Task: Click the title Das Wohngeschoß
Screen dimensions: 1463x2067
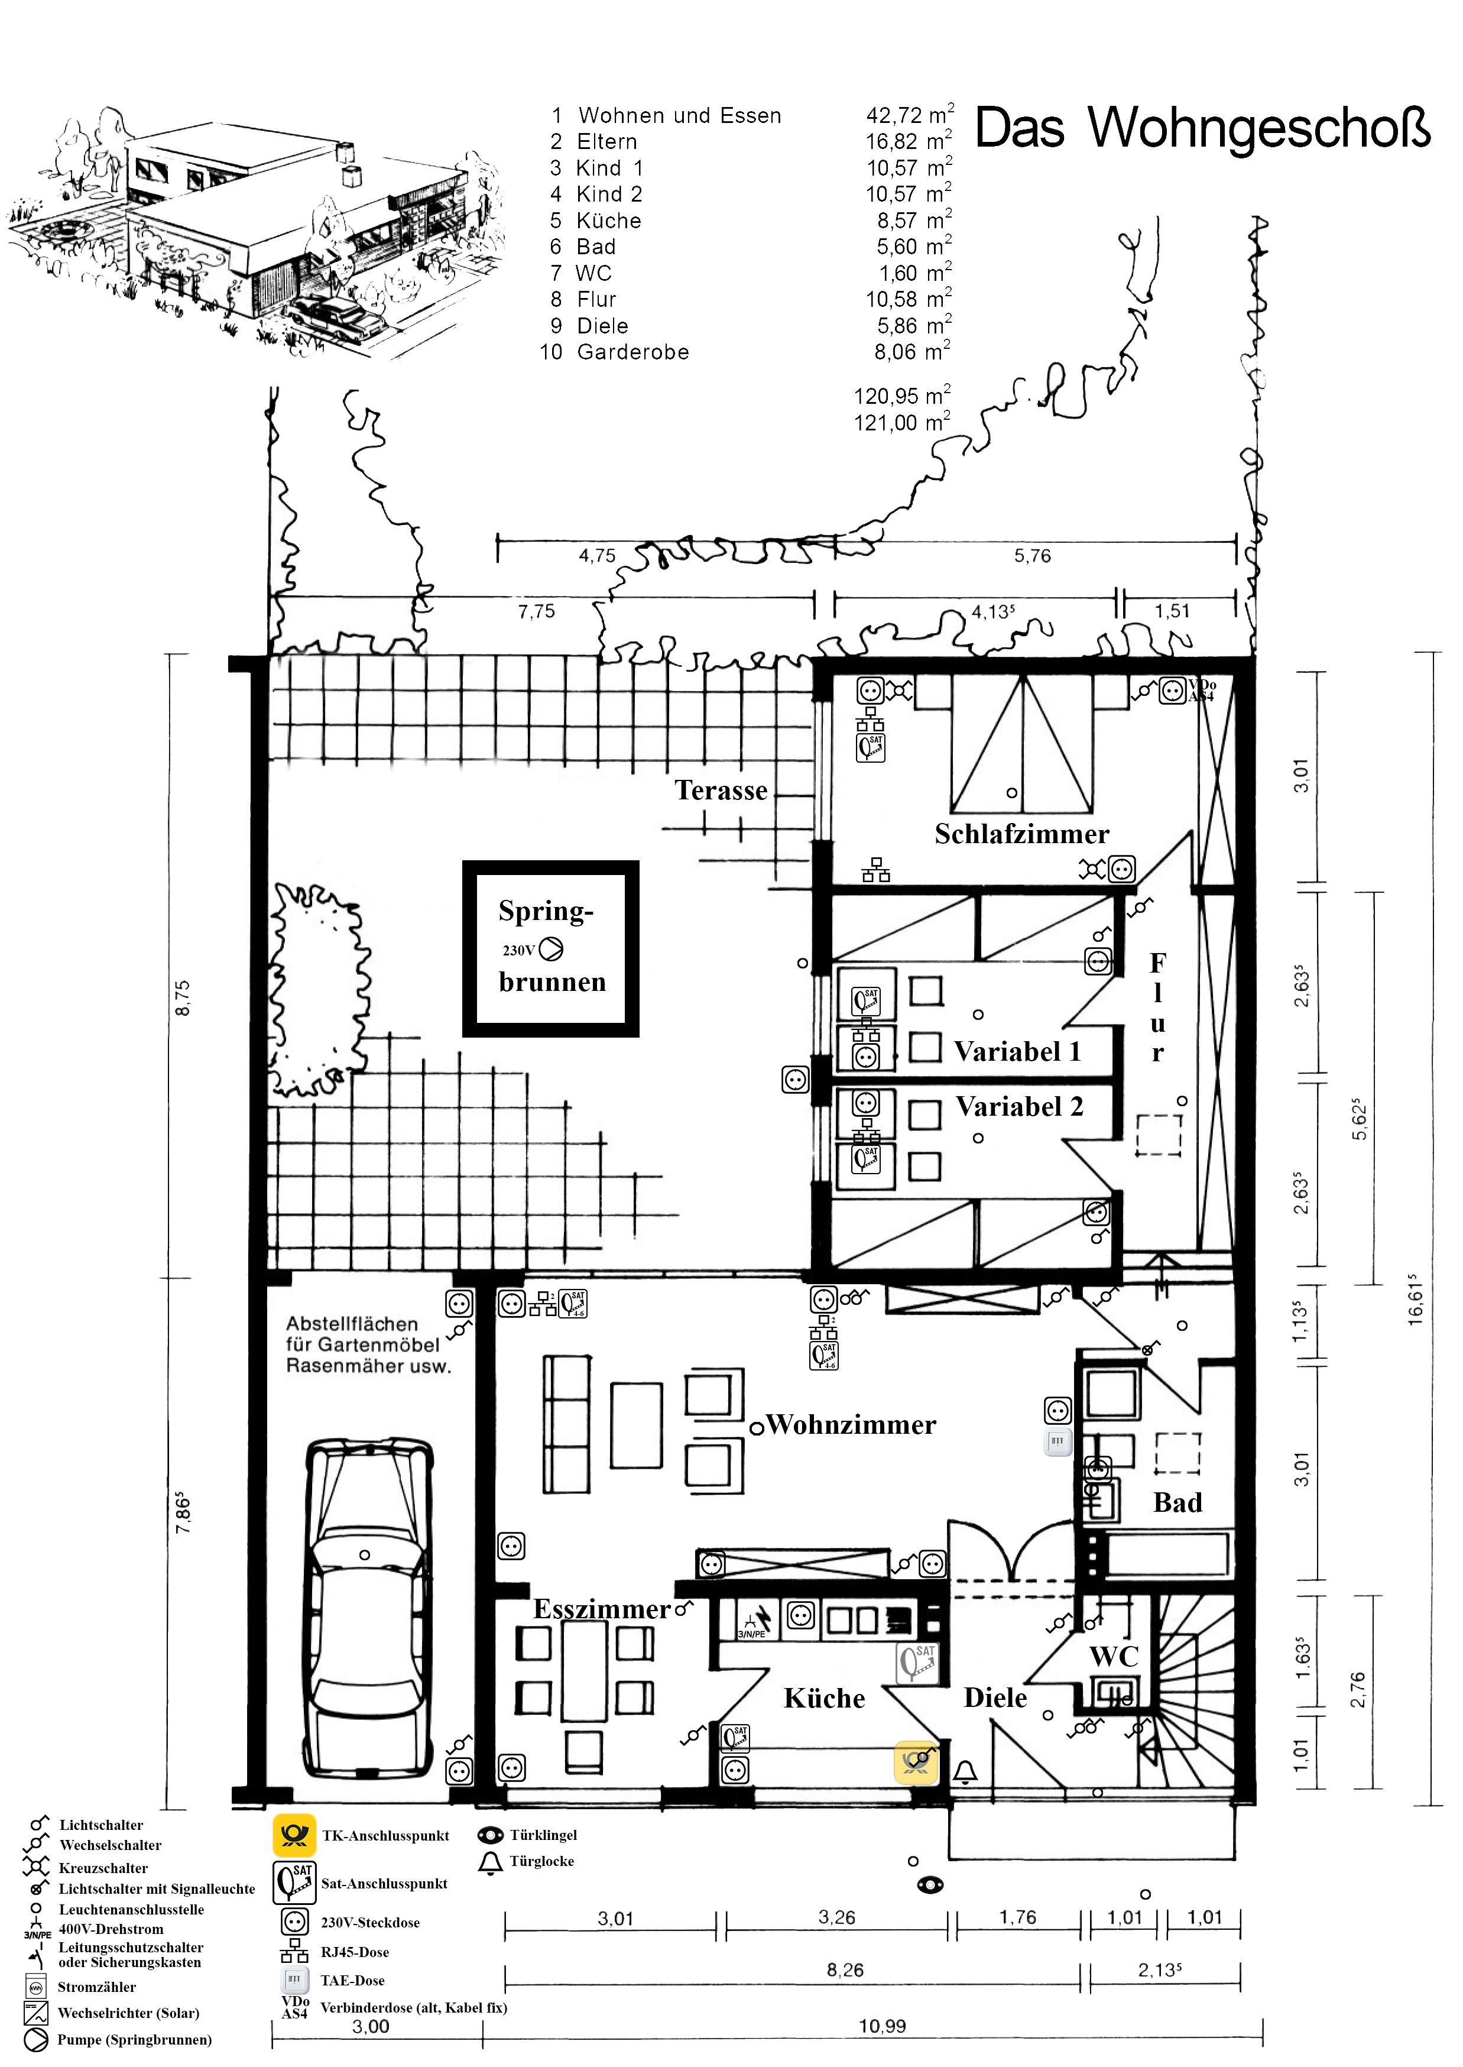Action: [1203, 128]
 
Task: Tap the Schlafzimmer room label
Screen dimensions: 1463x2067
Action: [1021, 834]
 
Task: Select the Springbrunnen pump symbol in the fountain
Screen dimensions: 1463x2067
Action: [550, 949]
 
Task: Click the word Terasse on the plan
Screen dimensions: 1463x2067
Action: [721, 790]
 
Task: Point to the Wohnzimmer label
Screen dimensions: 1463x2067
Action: [851, 1424]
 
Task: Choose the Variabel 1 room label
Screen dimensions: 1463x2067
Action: [1017, 1051]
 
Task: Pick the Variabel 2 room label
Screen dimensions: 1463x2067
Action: [1019, 1106]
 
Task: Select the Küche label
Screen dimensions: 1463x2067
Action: [824, 1699]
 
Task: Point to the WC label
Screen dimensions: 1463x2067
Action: [1114, 1656]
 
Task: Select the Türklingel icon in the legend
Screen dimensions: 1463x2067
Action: [490, 1835]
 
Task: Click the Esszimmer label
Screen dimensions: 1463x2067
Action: [602, 1609]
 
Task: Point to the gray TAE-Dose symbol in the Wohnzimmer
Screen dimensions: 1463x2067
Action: [1057, 1441]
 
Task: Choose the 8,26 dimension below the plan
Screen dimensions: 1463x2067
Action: [845, 1971]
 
